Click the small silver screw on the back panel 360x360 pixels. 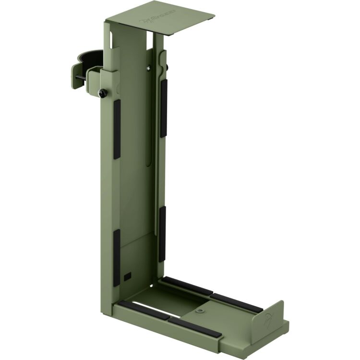point(149,68)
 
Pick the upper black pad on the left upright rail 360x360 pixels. point(117,130)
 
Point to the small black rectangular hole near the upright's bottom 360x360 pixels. point(127,277)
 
